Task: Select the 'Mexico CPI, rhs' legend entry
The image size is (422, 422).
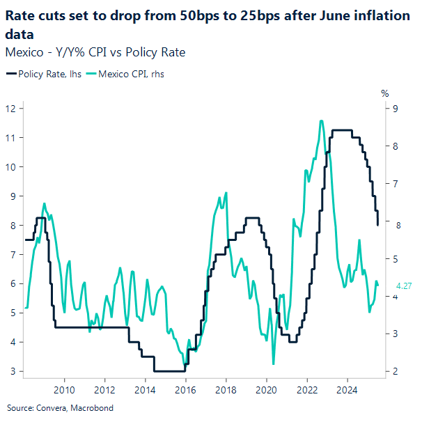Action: point(133,73)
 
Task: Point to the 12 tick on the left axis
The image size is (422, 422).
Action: point(11,108)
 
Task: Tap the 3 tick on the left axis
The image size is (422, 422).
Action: point(14,371)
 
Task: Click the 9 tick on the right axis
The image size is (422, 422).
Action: point(396,108)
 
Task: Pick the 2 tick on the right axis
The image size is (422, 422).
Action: point(396,371)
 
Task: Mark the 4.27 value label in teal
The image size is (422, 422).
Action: point(405,286)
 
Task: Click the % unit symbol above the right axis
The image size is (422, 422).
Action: point(384,93)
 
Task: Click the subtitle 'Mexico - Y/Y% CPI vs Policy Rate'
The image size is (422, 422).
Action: point(95,52)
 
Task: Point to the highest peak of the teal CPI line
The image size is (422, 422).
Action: point(321,120)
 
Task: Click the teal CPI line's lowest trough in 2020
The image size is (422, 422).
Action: point(273,364)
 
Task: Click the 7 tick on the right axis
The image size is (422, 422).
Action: point(396,183)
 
